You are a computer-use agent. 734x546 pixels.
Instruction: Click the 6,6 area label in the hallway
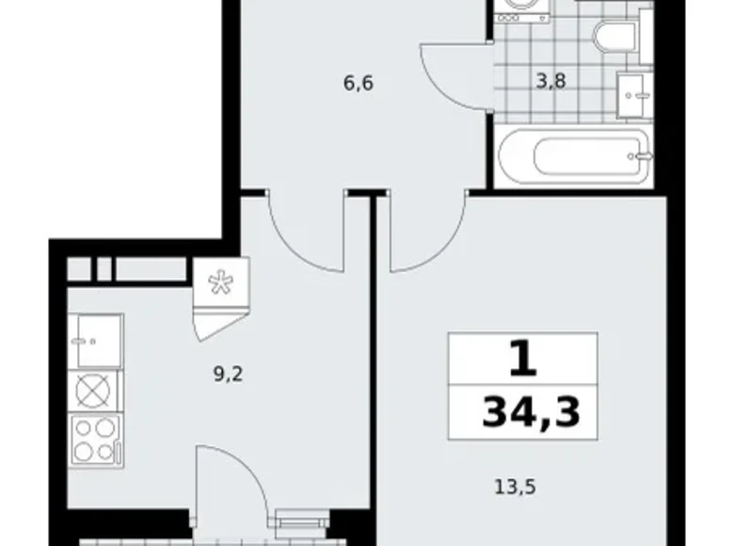tap(359, 83)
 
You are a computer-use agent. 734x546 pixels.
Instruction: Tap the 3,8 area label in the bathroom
tap(550, 82)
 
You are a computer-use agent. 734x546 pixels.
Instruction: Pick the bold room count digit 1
tap(522, 359)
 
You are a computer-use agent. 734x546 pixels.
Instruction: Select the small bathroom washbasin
tap(635, 92)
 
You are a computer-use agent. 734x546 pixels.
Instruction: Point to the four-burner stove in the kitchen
tap(95, 439)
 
